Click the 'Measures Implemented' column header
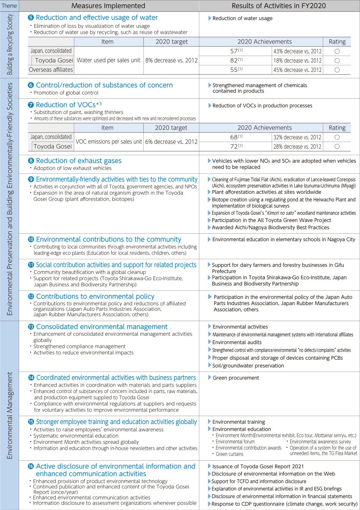coord(108,6)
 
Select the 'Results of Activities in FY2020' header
coord(279,6)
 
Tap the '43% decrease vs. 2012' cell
coord(297,51)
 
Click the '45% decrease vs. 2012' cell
coord(297,70)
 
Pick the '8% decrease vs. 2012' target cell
coord(171,60)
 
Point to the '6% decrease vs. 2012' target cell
coord(171,142)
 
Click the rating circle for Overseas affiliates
coord(337,70)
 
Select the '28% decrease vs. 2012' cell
coord(297,147)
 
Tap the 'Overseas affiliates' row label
coord(51,70)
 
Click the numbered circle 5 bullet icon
coord(31,18)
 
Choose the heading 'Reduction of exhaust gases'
coord(79,161)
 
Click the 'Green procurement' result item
coord(236,378)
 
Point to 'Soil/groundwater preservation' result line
coord(248,366)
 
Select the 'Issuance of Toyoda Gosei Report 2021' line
coord(258,466)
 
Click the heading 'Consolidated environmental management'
coord(102,327)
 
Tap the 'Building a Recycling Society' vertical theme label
coord(9,45)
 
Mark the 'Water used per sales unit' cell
coord(108,60)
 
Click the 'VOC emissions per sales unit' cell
coord(109,142)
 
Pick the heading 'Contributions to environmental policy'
coord(95,296)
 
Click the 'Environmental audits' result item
coord(237,342)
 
